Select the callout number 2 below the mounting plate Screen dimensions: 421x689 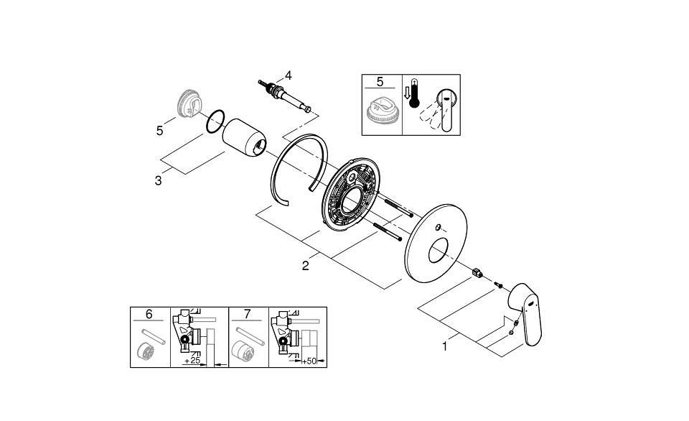pos(306,266)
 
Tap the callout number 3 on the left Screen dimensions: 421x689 pos(158,180)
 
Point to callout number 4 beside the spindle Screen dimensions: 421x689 pos(288,75)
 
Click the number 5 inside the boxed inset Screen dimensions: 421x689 pos(380,82)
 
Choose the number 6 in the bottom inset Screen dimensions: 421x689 pos(149,315)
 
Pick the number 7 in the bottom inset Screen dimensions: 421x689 pos(248,315)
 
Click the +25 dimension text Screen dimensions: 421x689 pos(192,359)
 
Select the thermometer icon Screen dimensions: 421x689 pos(413,94)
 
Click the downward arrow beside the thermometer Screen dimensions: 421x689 pos(407,93)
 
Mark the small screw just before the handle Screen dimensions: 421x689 pos(497,286)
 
